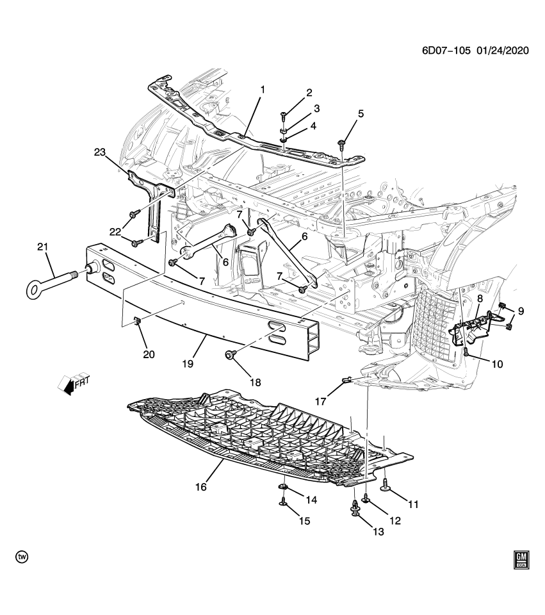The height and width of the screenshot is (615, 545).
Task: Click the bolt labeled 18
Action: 229,354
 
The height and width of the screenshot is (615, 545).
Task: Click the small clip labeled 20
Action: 138,320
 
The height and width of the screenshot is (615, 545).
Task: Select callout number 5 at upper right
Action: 361,114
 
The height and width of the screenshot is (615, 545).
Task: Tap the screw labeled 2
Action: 284,116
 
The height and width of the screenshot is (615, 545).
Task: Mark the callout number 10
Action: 497,364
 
